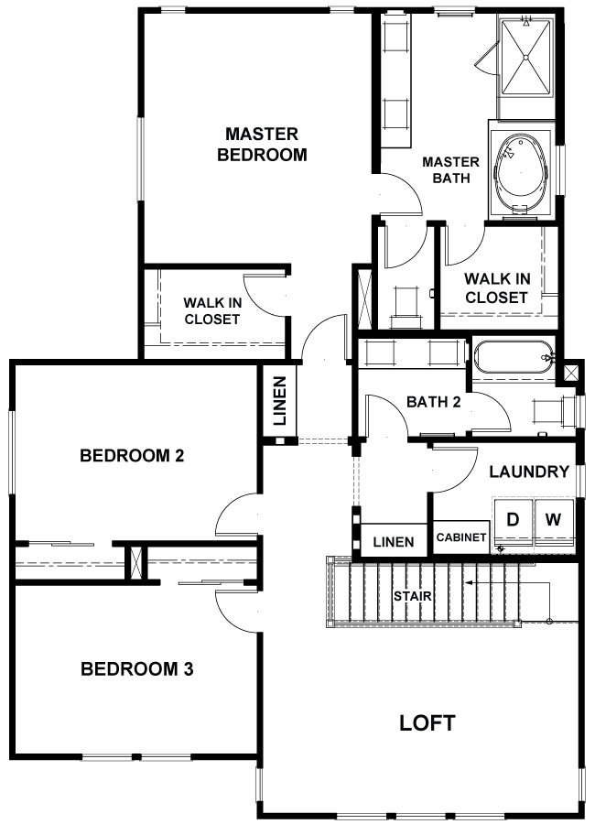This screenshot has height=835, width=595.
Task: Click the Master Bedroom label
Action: pos(262,145)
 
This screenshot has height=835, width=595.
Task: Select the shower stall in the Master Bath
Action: pos(525,55)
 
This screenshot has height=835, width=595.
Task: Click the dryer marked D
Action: pos(513,523)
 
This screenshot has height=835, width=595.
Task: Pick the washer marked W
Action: pos(554,523)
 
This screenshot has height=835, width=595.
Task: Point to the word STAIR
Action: pos(413,596)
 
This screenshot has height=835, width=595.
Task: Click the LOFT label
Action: pos(427,722)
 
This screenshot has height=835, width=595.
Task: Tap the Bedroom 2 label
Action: pos(132,456)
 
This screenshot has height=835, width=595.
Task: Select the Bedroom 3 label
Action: pos(136,669)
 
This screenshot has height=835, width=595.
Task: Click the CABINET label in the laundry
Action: pos(460,537)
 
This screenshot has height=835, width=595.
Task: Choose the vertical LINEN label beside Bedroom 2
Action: pos(280,401)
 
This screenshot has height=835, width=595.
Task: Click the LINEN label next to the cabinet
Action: pos(394,542)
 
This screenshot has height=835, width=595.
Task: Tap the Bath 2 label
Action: pos(433,402)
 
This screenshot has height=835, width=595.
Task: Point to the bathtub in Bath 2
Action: pos(513,358)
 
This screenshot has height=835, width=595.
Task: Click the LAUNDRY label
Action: pos(529,472)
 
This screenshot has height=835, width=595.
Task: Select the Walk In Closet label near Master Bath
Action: pos(496,288)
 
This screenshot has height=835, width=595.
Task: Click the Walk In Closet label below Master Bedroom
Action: pos(211,311)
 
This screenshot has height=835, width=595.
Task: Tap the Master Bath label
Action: pos(450,170)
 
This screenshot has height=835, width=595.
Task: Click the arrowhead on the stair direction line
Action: pos(469,582)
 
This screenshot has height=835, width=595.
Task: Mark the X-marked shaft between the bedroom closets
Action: pos(136,562)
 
